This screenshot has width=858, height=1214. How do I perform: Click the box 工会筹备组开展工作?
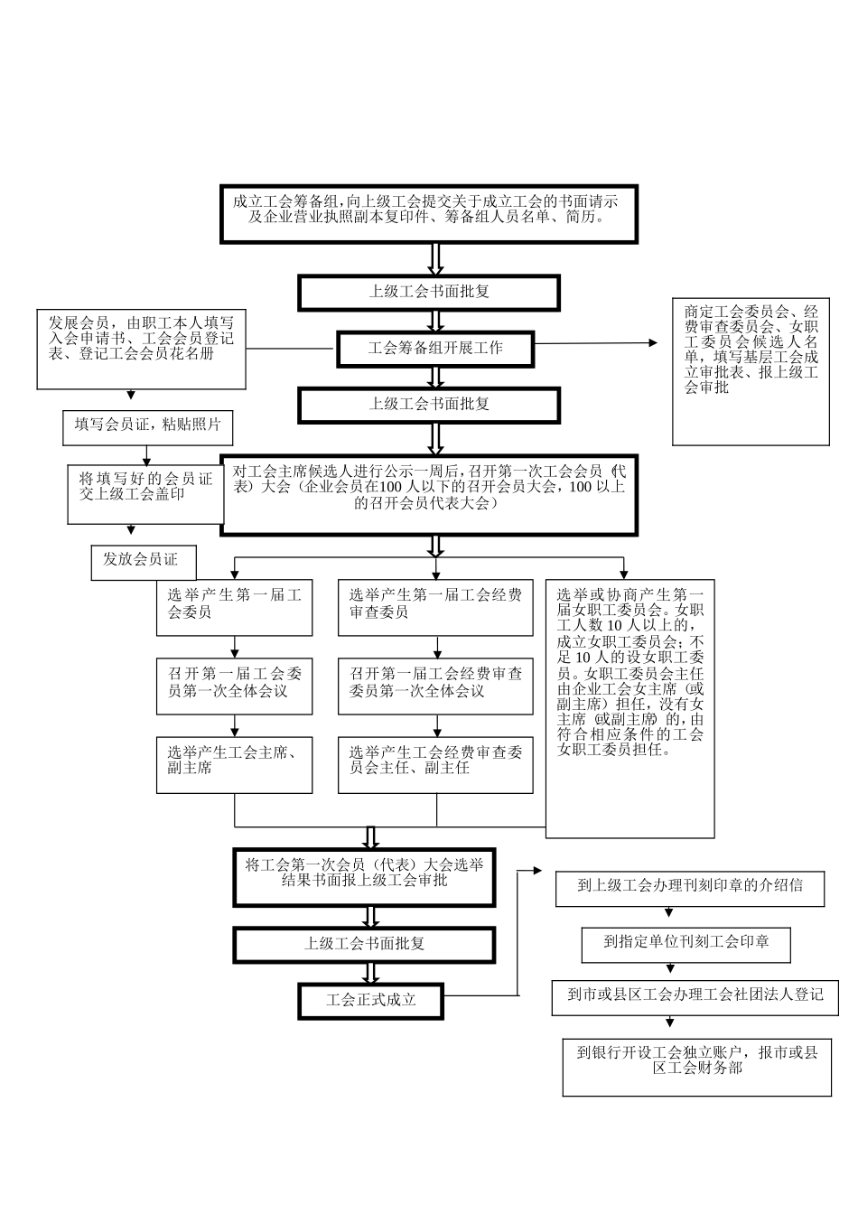435,349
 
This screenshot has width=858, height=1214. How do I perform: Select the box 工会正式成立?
371,1001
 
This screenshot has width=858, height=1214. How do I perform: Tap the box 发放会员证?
143,561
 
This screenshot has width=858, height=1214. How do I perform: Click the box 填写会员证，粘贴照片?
147,426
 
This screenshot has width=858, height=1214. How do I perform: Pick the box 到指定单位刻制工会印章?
686,943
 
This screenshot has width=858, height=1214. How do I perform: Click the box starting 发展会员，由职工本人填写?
140,349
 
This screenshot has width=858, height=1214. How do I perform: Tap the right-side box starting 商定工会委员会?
750,371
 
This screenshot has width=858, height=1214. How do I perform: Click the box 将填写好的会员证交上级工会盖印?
145,493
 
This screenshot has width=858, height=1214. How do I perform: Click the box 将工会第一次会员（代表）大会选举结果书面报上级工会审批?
364,876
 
